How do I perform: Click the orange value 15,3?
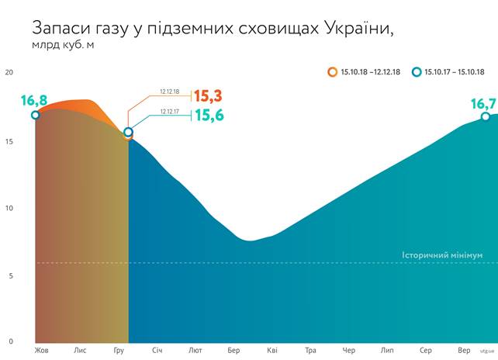click(208, 96)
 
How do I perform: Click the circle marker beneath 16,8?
click(35, 115)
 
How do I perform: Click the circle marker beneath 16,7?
click(485, 116)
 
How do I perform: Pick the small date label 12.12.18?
click(169, 92)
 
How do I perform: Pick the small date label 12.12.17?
click(169, 112)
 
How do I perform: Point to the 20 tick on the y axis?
click(9, 73)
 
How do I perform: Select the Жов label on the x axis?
click(41, 351)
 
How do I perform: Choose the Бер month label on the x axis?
click(234, 351)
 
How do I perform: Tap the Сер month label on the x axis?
click(425, 351)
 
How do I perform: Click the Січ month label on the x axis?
click(157, 351)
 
